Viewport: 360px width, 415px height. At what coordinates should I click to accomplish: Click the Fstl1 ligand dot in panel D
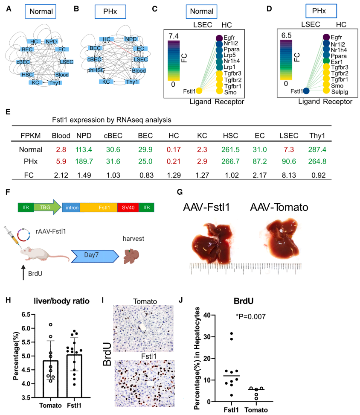pyautogui.click(x=306, y=91)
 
